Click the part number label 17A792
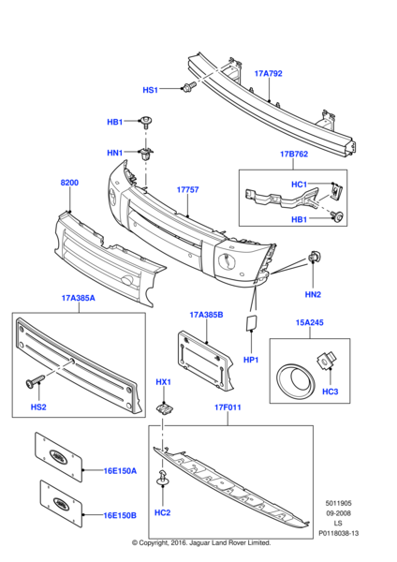268,71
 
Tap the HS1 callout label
151,90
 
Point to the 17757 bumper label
188,189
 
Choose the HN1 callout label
114,153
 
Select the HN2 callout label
312,293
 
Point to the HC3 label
331,390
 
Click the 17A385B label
206,315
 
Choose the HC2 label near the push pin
162,512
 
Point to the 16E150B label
120,515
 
